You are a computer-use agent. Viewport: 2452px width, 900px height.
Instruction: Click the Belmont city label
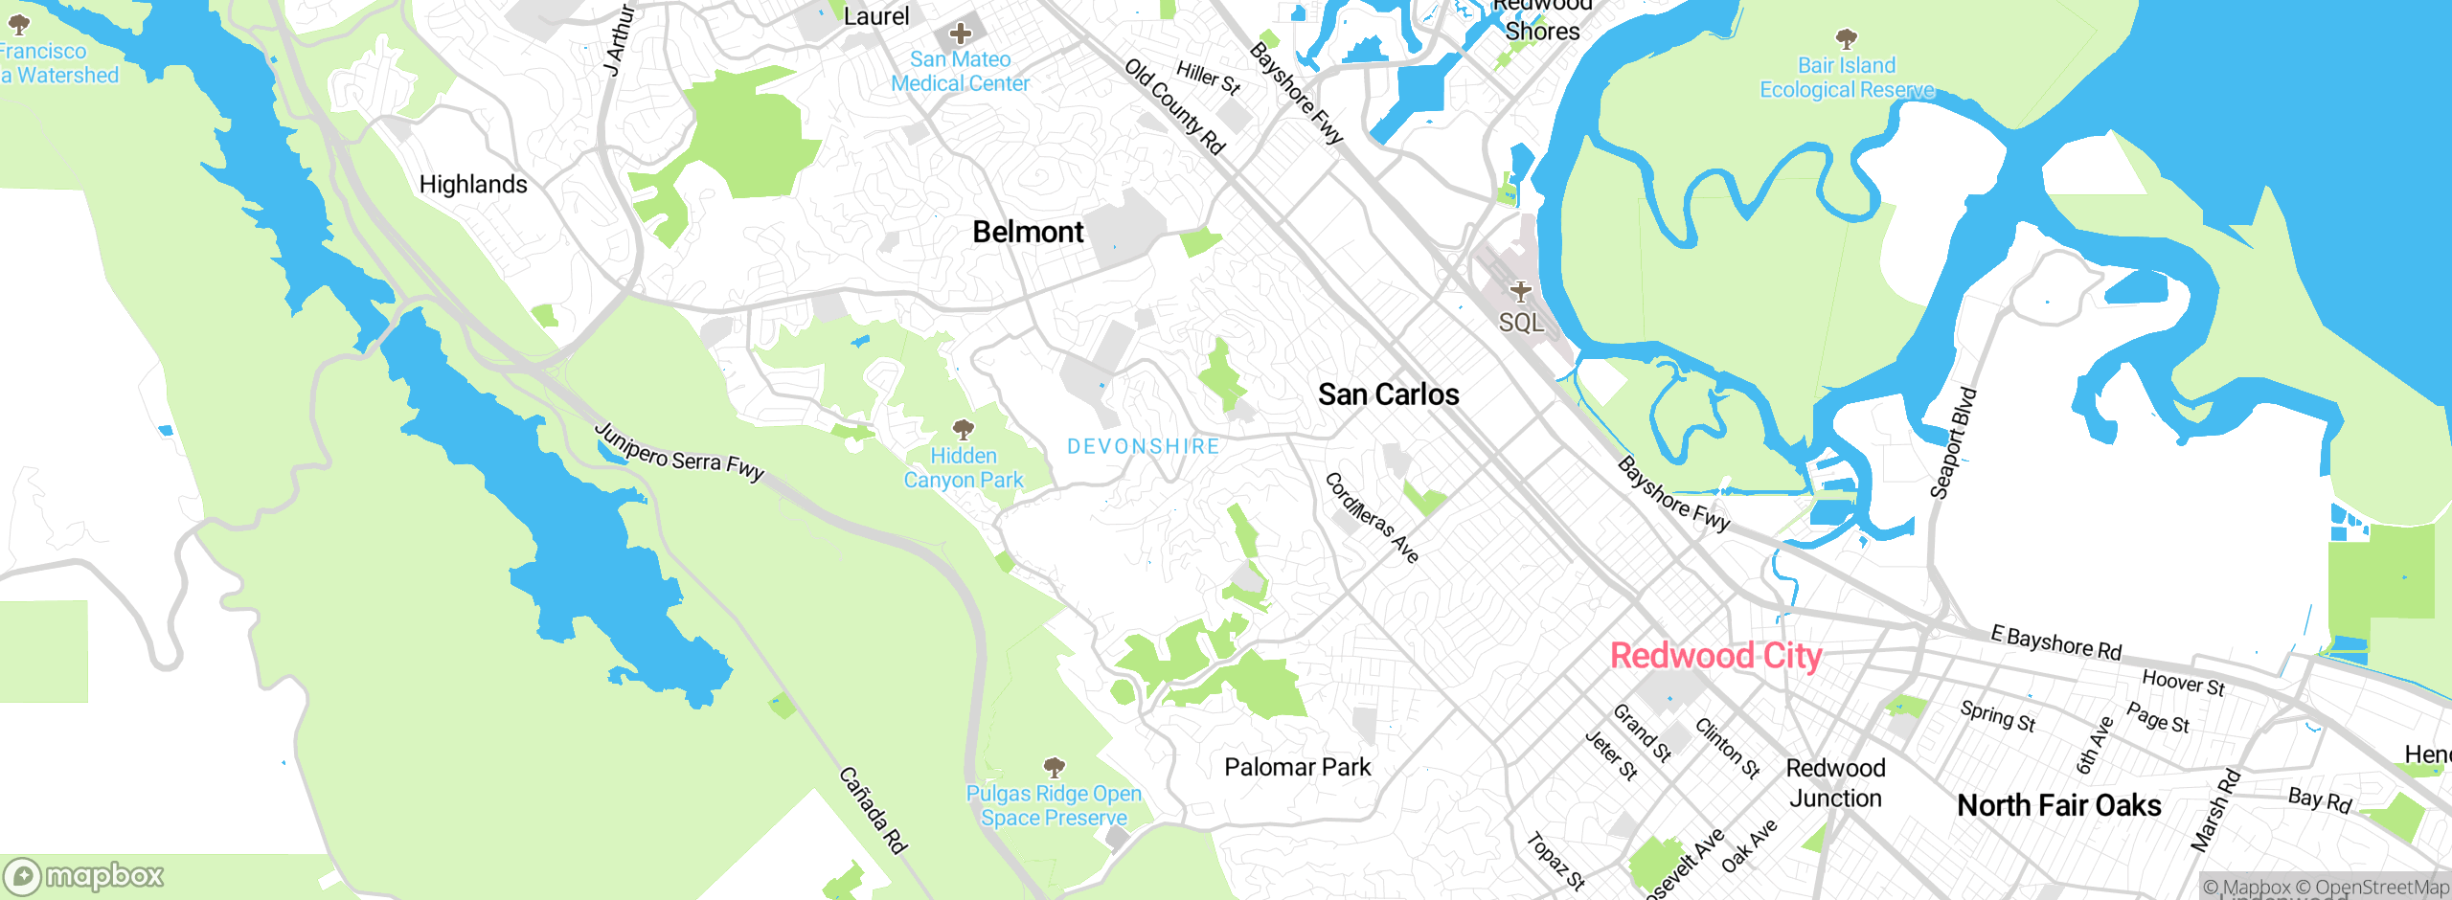point(1028,233)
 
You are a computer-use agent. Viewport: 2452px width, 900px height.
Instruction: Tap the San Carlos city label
point(1388,394)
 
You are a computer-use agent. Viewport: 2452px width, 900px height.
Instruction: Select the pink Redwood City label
point(1715,657)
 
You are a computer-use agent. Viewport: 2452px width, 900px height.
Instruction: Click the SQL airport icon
point(1521,292)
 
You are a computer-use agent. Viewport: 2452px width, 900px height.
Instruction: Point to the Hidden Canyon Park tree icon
point(964,429)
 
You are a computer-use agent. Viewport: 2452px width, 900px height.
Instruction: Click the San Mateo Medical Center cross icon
point(960,34)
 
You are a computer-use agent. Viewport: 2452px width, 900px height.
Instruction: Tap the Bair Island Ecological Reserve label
point(1846,78)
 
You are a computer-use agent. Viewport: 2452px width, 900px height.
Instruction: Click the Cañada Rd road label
point(873,810)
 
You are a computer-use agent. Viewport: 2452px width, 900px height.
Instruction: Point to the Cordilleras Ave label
point(1372,518)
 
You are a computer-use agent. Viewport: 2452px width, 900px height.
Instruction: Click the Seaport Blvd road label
point(1953,443)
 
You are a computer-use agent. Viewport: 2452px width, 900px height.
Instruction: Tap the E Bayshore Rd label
point(2055,642)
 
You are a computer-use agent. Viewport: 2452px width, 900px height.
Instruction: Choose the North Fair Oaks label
point(2058,806)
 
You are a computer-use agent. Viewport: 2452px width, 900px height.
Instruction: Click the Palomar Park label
point(1297,768)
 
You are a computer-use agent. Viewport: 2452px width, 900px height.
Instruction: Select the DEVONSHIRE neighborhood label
point(1143,447)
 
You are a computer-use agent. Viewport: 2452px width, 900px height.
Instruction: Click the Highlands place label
point(473,185)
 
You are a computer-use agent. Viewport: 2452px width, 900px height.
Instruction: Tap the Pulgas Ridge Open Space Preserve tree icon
point(1054,767)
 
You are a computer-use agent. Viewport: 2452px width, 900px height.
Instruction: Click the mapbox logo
point(84,875)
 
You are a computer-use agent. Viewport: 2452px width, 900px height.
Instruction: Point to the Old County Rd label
point(1174,106)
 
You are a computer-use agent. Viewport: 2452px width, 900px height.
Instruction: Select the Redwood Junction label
point(1835,783)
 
